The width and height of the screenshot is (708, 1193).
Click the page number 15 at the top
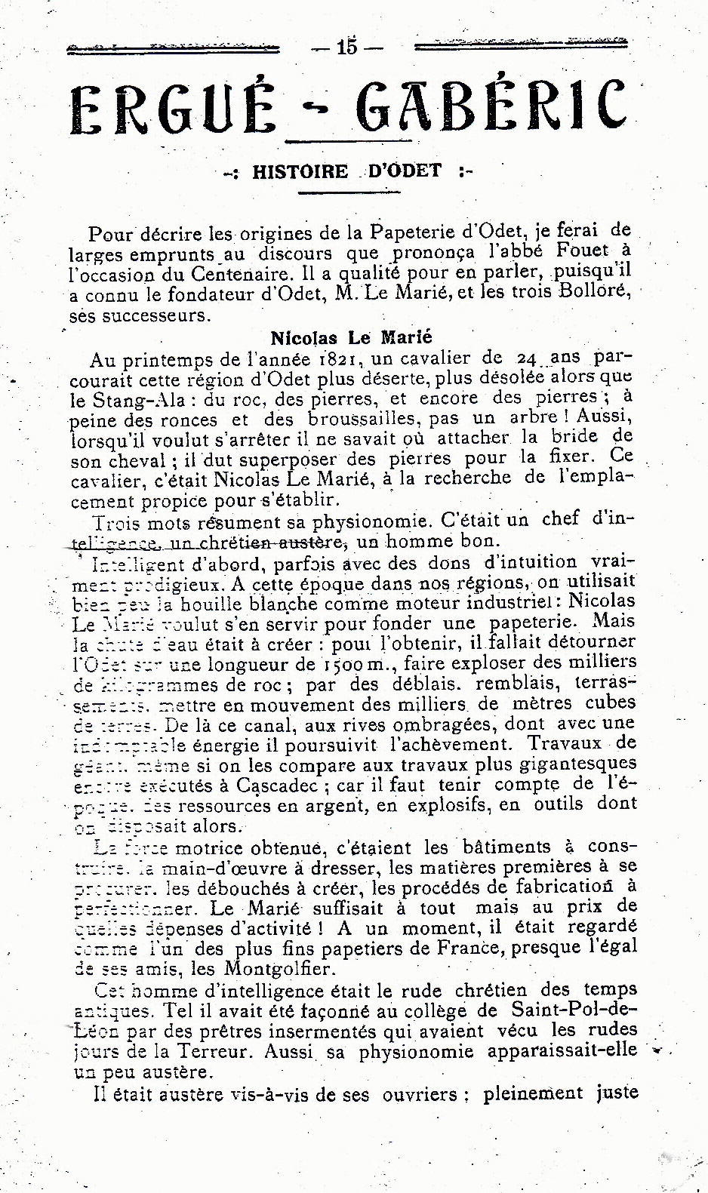348,48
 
